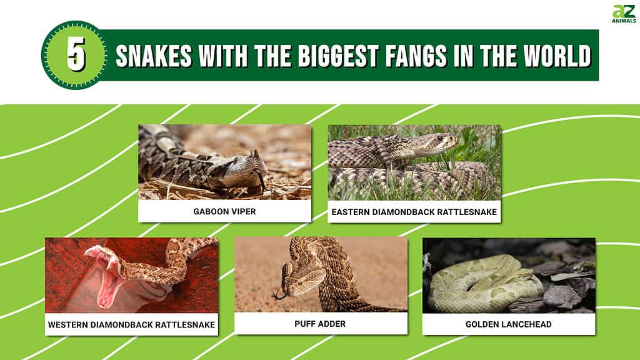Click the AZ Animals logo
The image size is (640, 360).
624,14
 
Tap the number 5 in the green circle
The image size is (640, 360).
76,54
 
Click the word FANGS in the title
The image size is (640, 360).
416,56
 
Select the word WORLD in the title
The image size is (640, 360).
557,56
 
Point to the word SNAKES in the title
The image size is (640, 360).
154,56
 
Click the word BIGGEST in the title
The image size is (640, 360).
338,56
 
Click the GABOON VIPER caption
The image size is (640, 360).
224,211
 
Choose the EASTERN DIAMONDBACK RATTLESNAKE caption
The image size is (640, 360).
414,212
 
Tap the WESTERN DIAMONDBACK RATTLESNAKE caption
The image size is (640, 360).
131,325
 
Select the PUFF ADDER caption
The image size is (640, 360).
320,324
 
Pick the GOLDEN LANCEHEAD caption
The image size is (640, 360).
509,324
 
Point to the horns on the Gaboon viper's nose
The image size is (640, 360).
255,154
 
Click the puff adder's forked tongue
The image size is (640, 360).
281,295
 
